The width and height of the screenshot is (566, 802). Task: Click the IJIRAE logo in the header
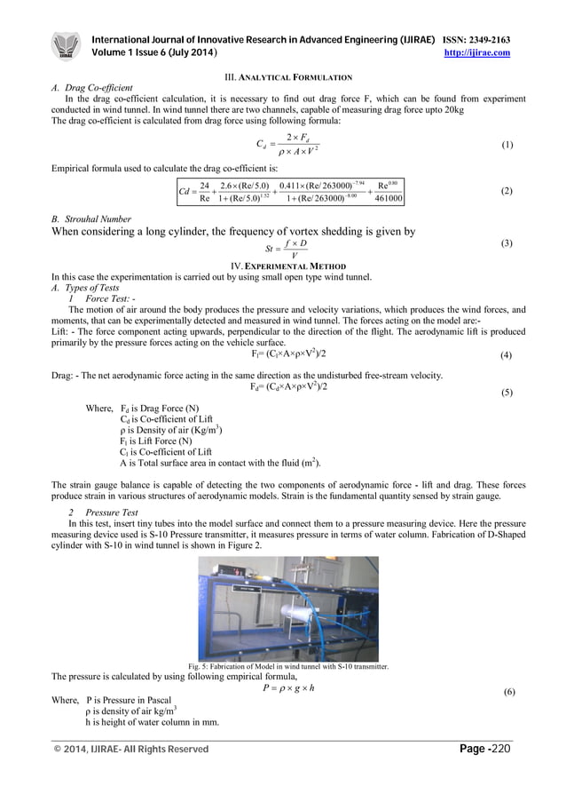point(67,47)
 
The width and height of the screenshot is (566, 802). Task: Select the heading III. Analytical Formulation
point(283,77)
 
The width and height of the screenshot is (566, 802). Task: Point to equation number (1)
point(507,145)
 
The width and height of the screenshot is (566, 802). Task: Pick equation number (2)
point(507,191)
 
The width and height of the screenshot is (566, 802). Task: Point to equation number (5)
point(507,392)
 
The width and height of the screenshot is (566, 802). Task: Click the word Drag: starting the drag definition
point(63,376)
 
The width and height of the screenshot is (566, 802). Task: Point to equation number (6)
point(508,692)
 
